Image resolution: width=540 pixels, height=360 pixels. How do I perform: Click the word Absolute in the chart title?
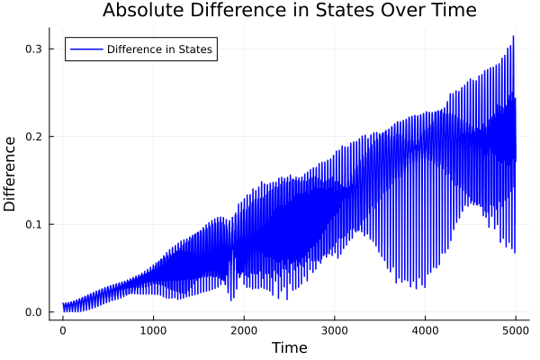(x=141, y=11)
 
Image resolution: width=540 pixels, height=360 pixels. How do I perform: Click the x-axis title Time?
(x=289, y=347)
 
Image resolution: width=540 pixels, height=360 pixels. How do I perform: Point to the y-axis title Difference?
(x=11, y=174)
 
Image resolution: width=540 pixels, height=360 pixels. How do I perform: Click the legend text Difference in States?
(x=159, y=49)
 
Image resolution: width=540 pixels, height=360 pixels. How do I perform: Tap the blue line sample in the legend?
(x=85, y=49)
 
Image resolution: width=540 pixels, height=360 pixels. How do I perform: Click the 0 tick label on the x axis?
(x=62, y=329)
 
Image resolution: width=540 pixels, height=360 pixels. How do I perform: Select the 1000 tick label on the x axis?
(x=153, y=329)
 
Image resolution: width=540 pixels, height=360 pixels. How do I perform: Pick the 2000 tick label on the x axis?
(x=244, y=329)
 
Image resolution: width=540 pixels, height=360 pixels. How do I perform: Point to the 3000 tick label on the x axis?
(x=335, y=329)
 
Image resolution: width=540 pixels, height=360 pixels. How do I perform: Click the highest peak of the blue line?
(x=513, y=36)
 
